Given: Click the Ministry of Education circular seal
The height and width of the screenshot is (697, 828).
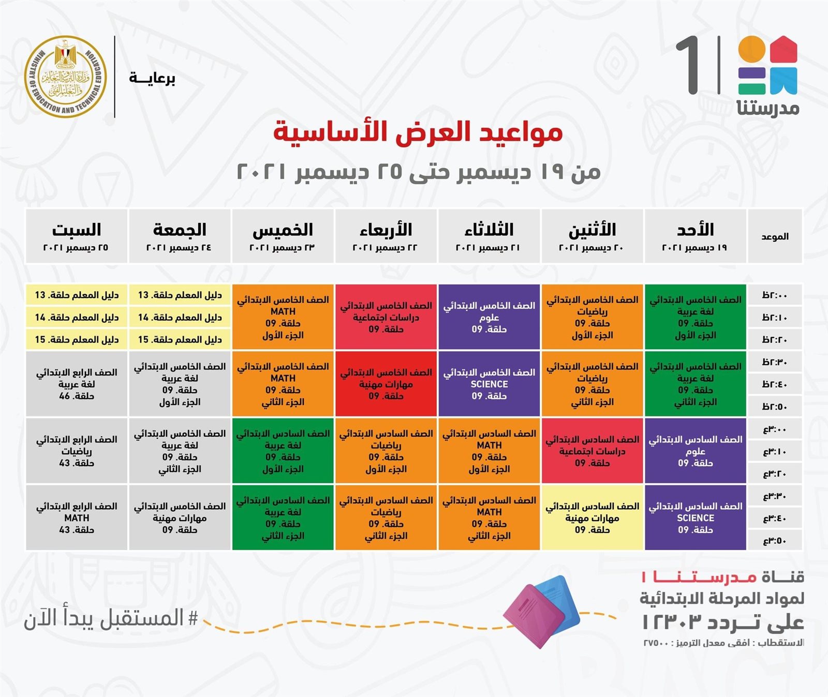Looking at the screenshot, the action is (x=65, y=77).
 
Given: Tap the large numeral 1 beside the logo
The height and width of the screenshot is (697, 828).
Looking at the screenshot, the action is (x=689, y=65).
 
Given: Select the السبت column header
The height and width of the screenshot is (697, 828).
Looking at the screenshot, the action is (x=76, y=236).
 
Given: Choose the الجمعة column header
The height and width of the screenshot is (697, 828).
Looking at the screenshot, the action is (x=180, y=236).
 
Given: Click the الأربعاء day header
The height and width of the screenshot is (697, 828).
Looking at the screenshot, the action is (x=386, y=236).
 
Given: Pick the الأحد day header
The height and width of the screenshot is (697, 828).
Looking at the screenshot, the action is (x=695, y=236).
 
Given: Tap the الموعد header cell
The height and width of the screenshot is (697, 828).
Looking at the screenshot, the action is (x=775, y=236).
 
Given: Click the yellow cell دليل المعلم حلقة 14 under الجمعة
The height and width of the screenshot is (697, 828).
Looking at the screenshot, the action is (x=180, y=317).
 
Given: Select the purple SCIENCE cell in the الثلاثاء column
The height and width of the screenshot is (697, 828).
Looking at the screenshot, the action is (x=489, y=384).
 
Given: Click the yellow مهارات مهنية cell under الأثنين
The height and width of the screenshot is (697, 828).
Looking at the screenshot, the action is (x=592, y=517).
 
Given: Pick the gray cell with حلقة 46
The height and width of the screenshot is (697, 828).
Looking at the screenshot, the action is (x=76, y=384).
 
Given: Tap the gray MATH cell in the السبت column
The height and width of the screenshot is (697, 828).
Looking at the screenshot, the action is (x=76, y=517).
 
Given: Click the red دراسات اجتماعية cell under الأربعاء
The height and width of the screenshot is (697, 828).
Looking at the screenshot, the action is (x=386, y=317).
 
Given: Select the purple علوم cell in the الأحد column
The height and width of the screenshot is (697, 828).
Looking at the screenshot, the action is (x=695, y=451).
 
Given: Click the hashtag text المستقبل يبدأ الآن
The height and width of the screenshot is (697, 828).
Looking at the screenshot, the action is (x=111, y=618).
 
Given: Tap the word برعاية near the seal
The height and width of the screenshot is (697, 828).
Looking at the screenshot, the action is (x=152, y=78).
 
